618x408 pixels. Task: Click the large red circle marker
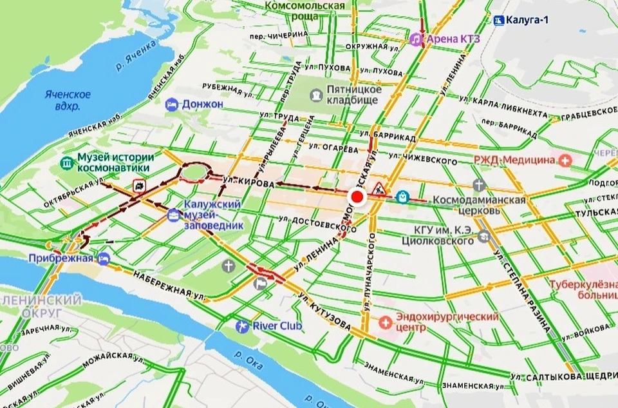(357, 198)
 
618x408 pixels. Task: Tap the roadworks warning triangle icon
(379, 188)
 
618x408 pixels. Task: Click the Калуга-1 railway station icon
(499, 20)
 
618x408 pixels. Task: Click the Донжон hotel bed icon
(171, 104)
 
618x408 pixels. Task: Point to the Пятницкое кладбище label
(353, 95)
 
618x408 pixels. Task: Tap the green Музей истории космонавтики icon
(67, 162)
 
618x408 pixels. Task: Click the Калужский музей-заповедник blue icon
(173, 215)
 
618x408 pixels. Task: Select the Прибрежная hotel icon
(103, 258)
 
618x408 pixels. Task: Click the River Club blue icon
(242, 326)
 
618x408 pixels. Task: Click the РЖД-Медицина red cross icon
(565, 160)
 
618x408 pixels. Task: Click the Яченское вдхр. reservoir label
(68, 100)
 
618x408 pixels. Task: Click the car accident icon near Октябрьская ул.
(138, 186)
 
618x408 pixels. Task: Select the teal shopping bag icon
(402, 196)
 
